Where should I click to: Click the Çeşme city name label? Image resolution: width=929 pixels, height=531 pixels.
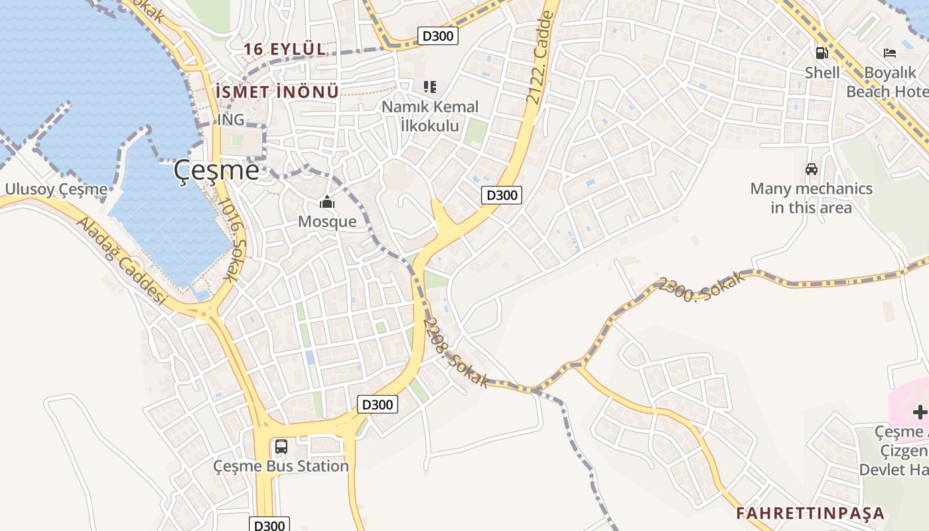point(216,171)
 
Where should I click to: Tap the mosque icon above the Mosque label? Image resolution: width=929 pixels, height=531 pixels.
point(326,202)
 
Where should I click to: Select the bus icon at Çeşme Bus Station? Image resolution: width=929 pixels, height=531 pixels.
point(281,447)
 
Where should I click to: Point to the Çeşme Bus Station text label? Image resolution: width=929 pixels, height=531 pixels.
point(281,466)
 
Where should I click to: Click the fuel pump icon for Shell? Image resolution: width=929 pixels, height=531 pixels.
point(822,53)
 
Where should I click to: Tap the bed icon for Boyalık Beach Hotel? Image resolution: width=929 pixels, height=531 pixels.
point(889,53)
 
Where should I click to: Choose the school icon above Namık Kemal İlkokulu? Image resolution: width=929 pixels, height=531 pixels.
point(429,87)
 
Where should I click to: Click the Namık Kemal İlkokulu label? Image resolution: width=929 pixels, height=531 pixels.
point(429,115)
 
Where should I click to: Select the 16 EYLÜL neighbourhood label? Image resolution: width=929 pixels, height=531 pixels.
point(285,49)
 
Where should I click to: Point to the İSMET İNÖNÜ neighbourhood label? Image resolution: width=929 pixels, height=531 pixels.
point(277,92)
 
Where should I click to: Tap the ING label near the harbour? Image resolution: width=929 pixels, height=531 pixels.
point(230,120)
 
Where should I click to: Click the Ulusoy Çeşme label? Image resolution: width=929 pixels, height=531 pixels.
point(56,190)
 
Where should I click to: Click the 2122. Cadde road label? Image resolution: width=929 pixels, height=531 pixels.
point(541,56)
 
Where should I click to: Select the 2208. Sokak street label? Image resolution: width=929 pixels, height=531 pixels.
point(456,352)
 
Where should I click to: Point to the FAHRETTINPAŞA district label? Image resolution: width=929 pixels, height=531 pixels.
point(810,513)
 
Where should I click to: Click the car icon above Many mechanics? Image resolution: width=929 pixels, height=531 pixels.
point(811,169)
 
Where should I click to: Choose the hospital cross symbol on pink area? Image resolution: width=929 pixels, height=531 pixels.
point(919,412)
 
